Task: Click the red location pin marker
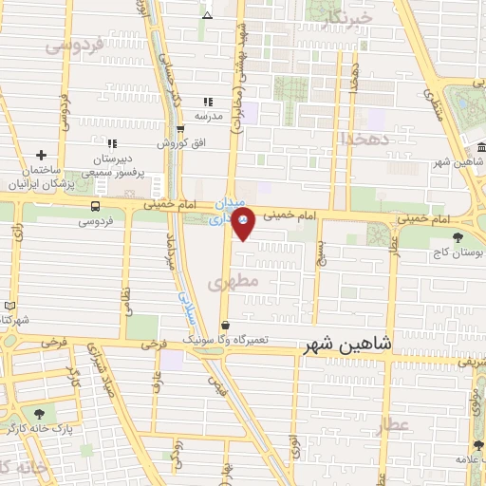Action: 243,221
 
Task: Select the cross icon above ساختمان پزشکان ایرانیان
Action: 41,155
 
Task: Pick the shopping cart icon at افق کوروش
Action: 180,129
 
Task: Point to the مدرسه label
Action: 209,116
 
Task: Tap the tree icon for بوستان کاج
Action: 458,237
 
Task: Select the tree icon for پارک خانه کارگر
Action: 39,414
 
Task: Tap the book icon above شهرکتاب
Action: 9,306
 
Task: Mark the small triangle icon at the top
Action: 208,15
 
